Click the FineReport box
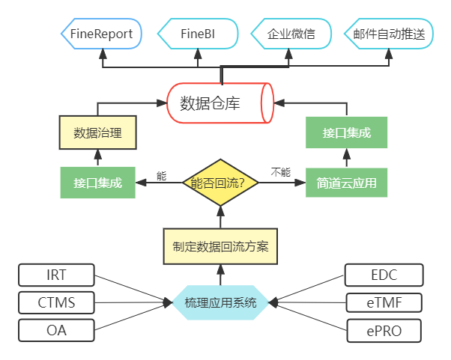100,34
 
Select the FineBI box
198,34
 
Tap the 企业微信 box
291,34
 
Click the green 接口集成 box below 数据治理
97,183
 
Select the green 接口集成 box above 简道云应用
346,133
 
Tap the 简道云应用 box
346,183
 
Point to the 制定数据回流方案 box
220,246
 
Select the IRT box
56,275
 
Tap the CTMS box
56,303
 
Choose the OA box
56,329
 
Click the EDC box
384,275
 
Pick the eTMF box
384,303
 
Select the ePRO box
384,330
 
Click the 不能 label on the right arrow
279,173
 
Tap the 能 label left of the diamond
160,175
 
